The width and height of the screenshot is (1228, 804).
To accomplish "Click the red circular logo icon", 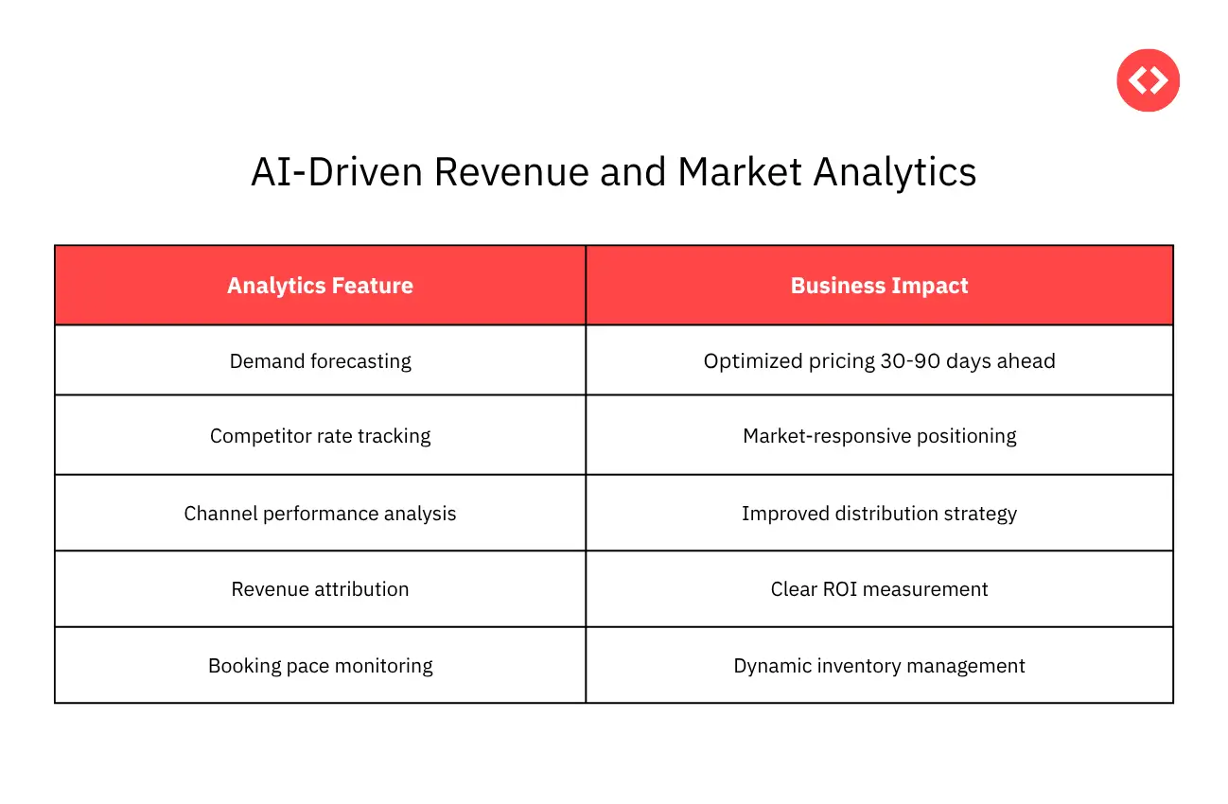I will pos(1148,80).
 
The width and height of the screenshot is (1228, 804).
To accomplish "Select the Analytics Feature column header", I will pos(320,286).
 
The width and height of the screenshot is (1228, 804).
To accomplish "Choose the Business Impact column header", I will pos(879,286).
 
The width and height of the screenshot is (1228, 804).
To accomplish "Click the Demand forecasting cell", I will pos(320,360).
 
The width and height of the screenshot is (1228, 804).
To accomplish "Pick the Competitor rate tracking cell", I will pos(320,436).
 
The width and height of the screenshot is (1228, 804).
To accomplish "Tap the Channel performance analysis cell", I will pos(320,514).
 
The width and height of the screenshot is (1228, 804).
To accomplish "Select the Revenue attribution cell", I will pos(320,589).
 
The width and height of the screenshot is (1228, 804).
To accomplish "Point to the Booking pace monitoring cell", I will pos(320,666).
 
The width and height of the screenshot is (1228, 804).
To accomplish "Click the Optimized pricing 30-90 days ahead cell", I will pos(879,360).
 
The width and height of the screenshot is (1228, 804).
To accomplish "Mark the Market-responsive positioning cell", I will pos(879,436).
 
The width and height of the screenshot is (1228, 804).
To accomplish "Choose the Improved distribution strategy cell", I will pos(879,514).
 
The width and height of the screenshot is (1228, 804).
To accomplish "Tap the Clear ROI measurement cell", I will pos(879,589).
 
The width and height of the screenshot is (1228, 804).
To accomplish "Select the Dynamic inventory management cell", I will pos(879,666).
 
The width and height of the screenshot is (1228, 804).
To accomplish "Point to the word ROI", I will pos(835,589).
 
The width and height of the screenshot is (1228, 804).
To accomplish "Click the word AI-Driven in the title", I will pos(336,172).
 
